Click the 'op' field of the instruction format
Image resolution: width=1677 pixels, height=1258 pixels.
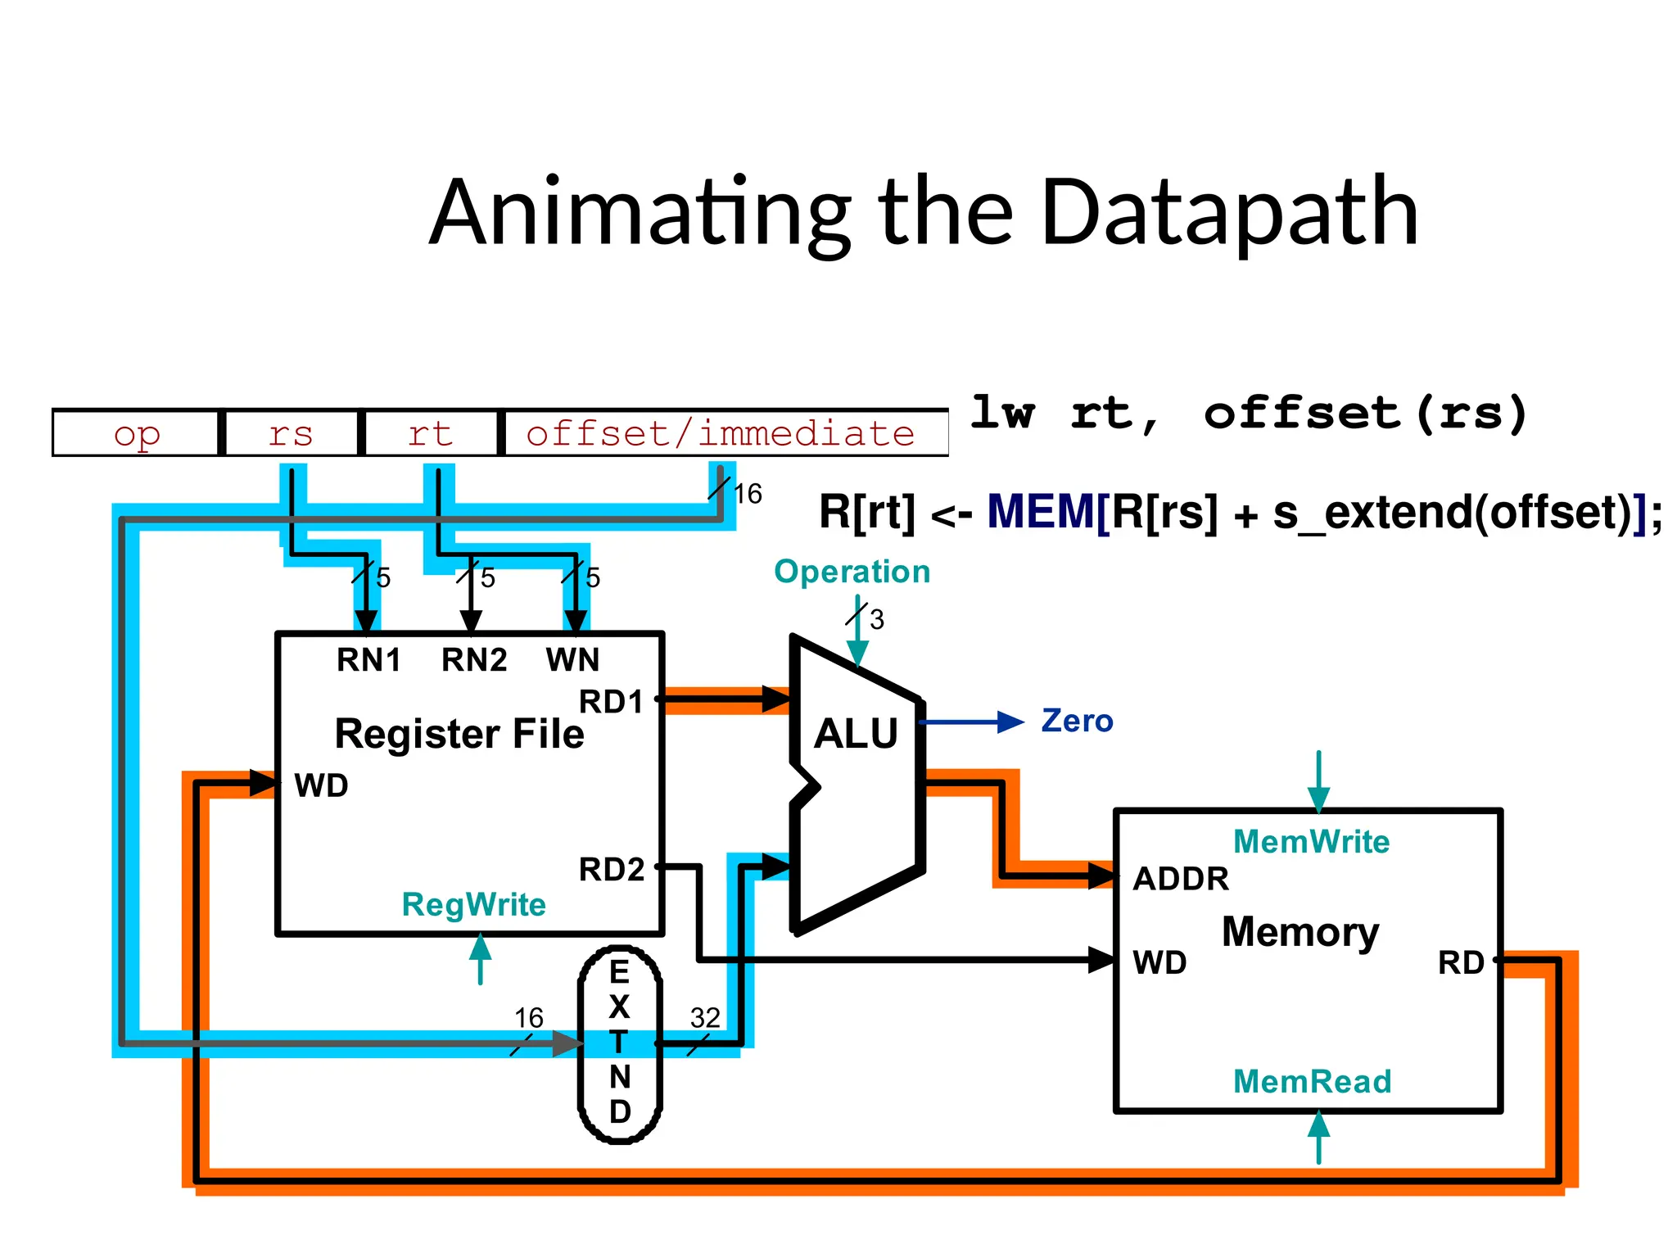point(137,433)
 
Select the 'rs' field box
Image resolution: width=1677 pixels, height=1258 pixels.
point(291,433)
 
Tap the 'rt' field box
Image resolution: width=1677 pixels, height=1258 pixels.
point(431,433)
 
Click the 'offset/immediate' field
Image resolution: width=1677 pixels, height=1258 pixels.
point(721,433)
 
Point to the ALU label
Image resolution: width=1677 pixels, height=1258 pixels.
point(856,733)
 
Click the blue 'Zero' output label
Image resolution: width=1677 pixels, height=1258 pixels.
point(1077,722)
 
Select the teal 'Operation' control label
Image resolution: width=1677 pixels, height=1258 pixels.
point(852,572)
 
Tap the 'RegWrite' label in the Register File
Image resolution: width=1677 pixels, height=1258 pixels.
point(473,905)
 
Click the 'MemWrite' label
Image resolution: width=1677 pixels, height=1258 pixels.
point(1311,842)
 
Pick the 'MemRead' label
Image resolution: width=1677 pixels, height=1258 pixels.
point(1312,1082)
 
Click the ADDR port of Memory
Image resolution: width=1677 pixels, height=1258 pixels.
point(1181,880)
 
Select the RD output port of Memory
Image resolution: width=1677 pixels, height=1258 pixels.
point(1461,963)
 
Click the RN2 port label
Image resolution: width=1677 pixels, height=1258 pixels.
point(474,660)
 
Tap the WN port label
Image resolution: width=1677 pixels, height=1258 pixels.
point(572,660)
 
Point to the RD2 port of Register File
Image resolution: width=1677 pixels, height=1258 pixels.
point(612,870)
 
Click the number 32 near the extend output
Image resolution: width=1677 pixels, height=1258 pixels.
point(705,1018)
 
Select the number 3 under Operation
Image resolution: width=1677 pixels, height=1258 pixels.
point(877,620)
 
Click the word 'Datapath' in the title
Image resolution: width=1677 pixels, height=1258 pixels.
point(1229,215)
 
